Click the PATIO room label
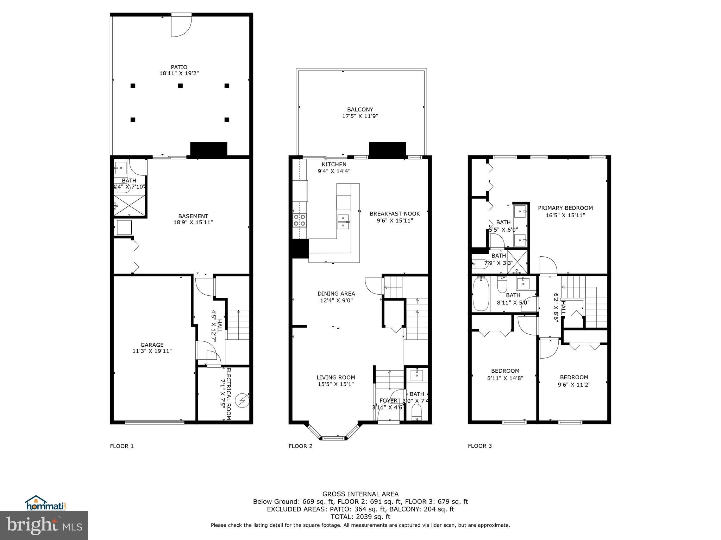(179, 67)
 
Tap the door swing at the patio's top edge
(181, 25)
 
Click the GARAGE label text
(152, 345)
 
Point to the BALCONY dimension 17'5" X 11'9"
(360, 116)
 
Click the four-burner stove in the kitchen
(299, 220)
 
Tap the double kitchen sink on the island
(343, 221)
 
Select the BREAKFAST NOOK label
(395, 213)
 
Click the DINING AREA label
(336, 294)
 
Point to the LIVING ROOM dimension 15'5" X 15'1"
(336, 384)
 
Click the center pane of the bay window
(334, 438)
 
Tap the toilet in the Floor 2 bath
(416, 411)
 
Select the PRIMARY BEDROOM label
(565, 208)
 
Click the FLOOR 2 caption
(300, 446)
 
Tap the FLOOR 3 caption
(479, 446)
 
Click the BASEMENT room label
(193, 216)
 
